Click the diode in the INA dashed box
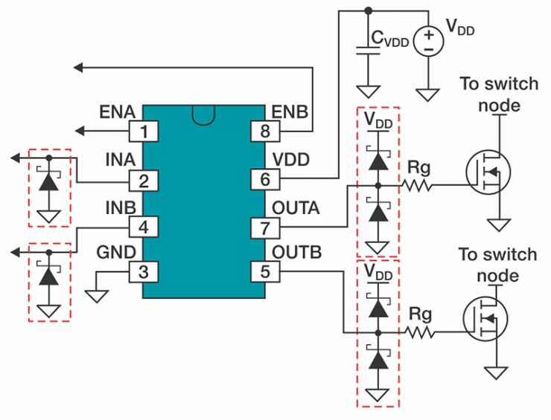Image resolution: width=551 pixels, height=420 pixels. tap(49, 181)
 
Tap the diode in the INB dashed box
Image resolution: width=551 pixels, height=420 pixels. tap(49, 275)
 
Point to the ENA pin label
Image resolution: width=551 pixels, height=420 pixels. tap(117, 112)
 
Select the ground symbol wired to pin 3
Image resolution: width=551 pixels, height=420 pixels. tap(95, 295)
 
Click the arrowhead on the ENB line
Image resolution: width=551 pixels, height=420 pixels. tap(78, 68)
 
